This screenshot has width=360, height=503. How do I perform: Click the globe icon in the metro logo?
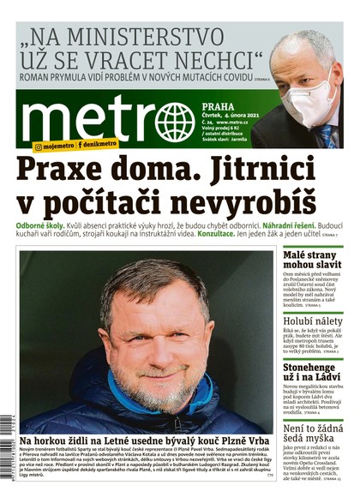coord(174,122)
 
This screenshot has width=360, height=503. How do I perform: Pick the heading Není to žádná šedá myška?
coord(314,435)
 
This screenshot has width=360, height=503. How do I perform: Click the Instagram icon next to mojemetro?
coord(39,147)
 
